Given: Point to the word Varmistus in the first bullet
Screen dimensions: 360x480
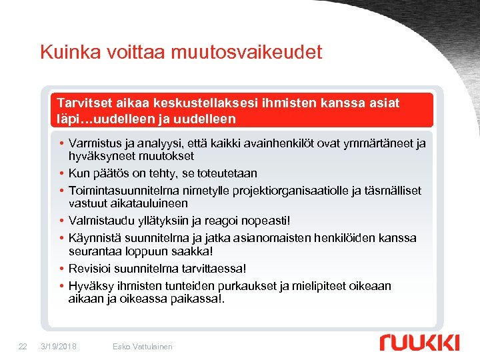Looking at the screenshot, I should point(94,144).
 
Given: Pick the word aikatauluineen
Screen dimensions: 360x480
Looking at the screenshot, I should point(128,203).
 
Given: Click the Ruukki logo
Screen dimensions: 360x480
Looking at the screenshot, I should point(419,343).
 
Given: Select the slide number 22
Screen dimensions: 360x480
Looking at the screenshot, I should point(23,346).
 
